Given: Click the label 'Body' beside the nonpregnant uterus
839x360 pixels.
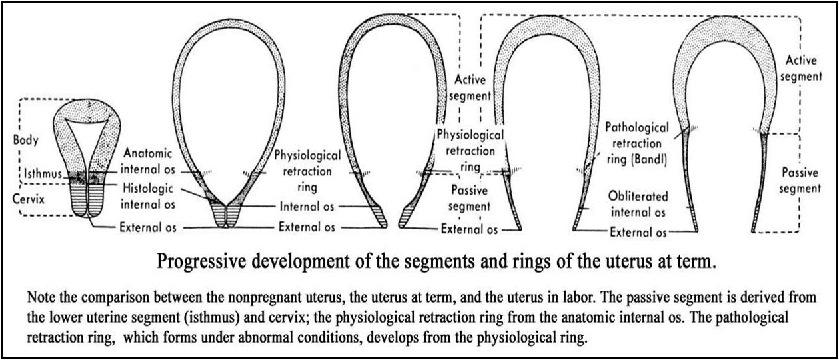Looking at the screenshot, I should coord(25,142).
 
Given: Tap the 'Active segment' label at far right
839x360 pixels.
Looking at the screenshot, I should coord(800,69).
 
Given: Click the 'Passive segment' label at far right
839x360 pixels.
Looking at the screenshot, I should coord(800,180).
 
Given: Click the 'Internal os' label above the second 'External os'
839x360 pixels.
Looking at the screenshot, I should coord(307,207).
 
